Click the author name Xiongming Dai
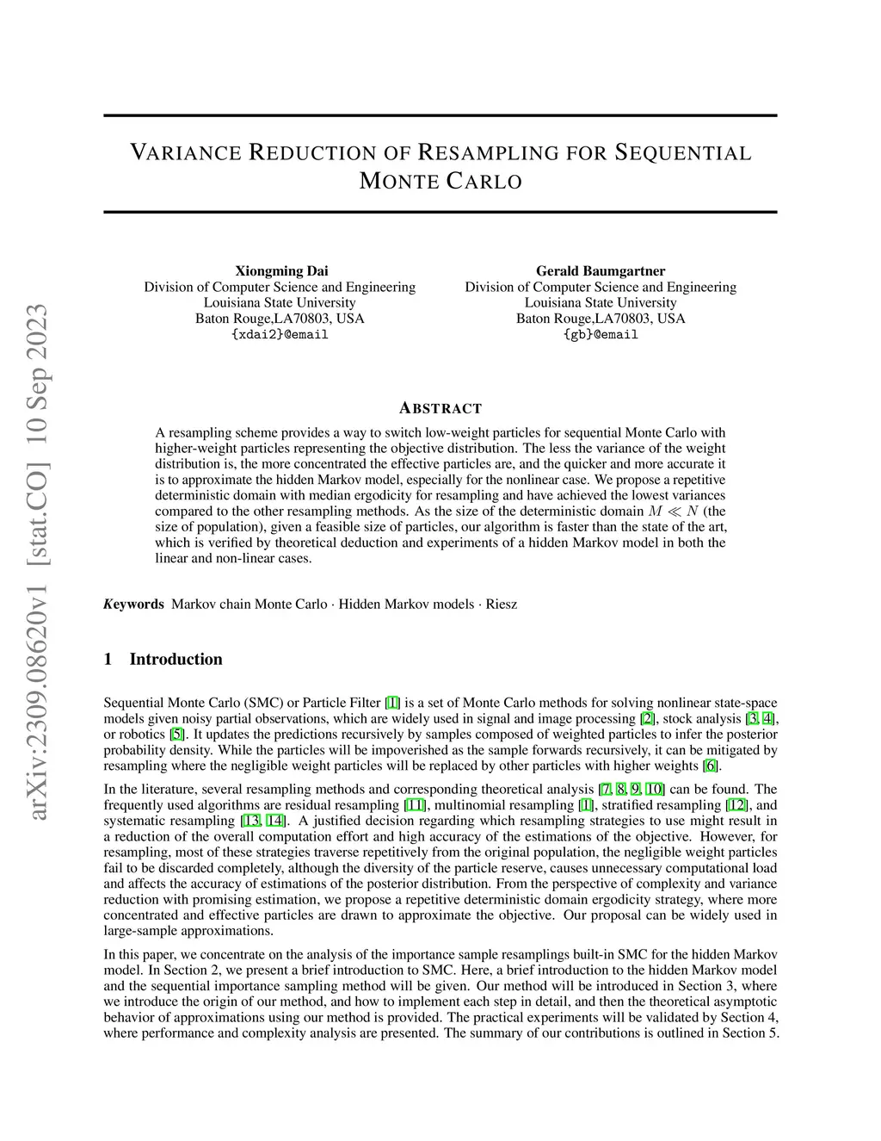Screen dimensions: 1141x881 point(281,271)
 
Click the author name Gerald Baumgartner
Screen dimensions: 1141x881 point(601,271)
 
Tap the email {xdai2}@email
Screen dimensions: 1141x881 point(280,335)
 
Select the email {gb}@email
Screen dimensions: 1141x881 point(601,335)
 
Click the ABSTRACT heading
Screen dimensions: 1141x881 point(440,408)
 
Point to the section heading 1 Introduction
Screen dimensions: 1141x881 point(163,660)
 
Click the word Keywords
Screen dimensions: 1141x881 point(133,604)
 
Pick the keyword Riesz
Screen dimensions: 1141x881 point(502,604)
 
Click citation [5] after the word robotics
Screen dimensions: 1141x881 point(176,735)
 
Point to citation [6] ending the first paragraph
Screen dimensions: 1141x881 point(711,766)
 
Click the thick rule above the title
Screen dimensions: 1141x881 point(440,115)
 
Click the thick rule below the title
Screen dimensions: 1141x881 point(440,212)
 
